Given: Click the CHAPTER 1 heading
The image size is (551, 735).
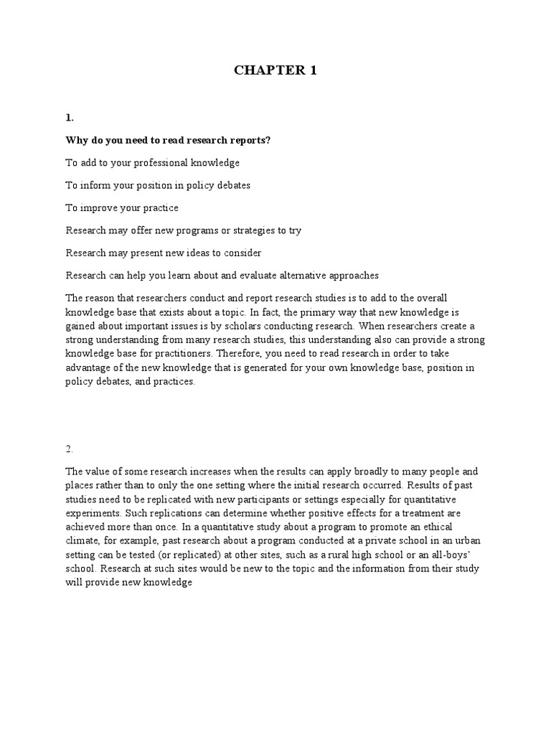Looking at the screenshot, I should tap(275, 70).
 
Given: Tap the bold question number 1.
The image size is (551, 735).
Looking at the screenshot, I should tap(70, 117).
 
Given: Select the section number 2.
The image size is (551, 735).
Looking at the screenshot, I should tap(70, 449).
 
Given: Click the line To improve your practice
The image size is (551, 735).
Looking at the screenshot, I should tap(122, 207).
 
